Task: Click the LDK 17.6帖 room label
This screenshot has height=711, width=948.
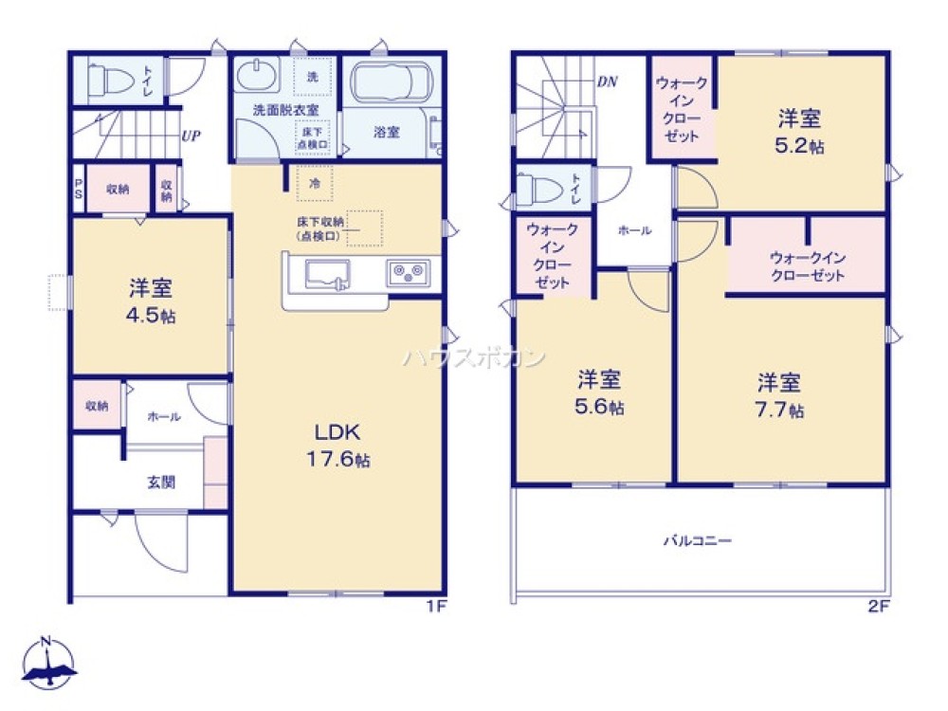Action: pyautogui.click(x=337, y=446)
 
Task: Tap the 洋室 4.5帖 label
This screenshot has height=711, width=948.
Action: pyautogui.click(x=152, y=301)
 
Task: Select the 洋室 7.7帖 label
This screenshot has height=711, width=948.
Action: pyautogui.click(x=779, y=396)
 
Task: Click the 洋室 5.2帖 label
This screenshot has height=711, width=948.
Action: pyautogui.click(x=799, y=133)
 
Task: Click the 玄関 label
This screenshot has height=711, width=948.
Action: pyautogui.click(x=160, y=482)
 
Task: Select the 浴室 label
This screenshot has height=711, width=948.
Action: pyautogui.click(x=386, y=133)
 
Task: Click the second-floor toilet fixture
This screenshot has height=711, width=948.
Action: pyautogui.click(x=538, y=189)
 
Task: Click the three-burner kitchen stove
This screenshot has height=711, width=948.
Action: pyautogui.click(x=409, y=274)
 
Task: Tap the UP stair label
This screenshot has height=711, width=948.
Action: pyautogui.click(x=190, y=135)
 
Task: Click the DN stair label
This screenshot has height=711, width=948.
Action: pyautogui.click(x=607, y=82)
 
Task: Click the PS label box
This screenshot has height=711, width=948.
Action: pyautogui.click(x=79, y=189)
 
